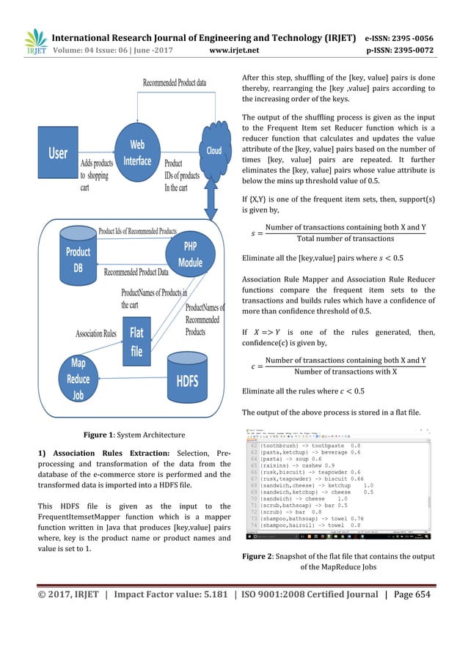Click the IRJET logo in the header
[35, 43]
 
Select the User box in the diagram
[58, 153]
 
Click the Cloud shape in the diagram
[213, 150]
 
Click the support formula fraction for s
[344, 232]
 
